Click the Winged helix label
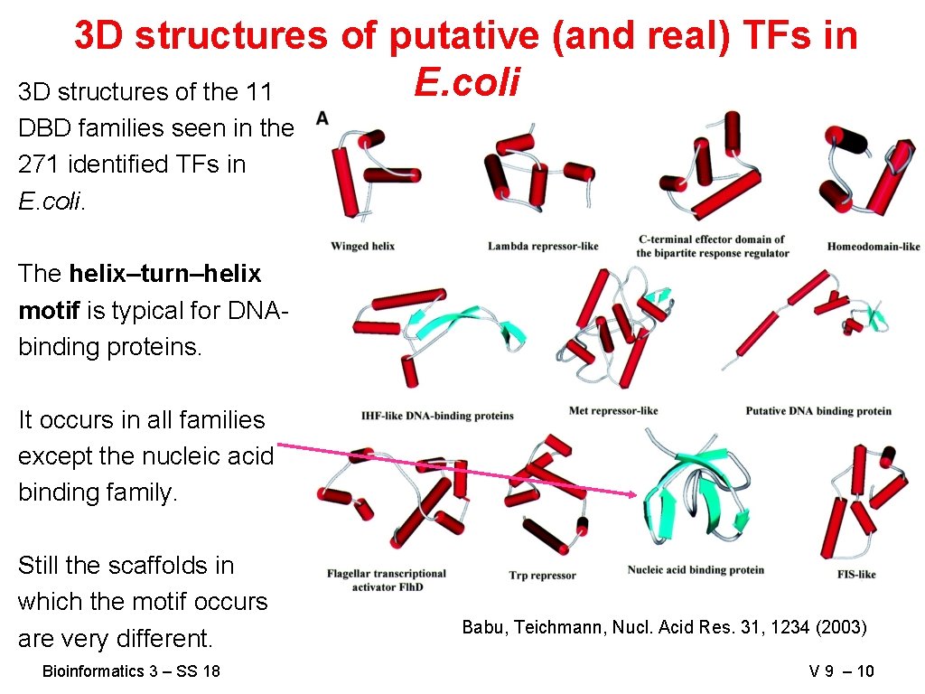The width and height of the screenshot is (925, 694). pos(362,246)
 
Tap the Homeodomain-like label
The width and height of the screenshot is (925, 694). pos(873,246)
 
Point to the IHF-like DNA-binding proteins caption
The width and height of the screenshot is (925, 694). pos(437,416)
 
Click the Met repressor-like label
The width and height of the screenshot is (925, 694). pos(613,411)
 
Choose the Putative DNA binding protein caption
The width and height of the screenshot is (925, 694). pos(818,411)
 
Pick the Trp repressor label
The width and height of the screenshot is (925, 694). pos(542,576)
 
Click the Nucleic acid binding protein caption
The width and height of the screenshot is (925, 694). pos(696,569)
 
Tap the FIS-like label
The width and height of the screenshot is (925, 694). pos(856,574)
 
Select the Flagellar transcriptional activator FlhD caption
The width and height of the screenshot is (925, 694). pos(387,580)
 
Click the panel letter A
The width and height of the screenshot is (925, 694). pos(322,118)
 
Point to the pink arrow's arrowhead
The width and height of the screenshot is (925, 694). pos(634,493)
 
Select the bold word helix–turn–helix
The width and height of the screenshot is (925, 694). pos(164,274)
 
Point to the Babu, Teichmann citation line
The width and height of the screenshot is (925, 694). pos(664,626)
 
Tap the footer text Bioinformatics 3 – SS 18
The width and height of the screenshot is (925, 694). pos(131,671)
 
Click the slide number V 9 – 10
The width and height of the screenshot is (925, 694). pos(842,671)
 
